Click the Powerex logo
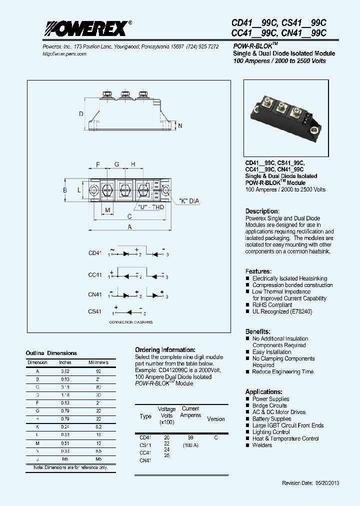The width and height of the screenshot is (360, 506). pyautogui.click(x=85, y=29)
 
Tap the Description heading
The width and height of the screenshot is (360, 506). pyautogui.click(x=262, y=211)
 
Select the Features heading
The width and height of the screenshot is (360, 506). pyautogui.click(x=258, y=271)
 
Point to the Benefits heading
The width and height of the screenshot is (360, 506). pyautogui.click(x=258, y=331)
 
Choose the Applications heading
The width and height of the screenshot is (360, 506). pyautogui.click(x=264, y=392)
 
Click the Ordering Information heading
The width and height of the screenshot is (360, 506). pyautogui.click(x=165, y=350)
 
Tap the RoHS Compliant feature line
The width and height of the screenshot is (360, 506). pyautogui.click(x=272, y=304)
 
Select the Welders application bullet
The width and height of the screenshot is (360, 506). pyautogui.click(x=262, y=445)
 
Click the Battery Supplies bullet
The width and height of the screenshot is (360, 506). pyautogui.click(x=271, y=418)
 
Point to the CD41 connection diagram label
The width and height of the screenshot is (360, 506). pyautogui.click(x=95, y=253)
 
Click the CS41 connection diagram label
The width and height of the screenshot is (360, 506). pyautogui.click(x=95, y=311)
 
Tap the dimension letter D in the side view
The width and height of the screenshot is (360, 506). pyautogui.click(x=81, y=114)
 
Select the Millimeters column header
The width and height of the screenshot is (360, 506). pyautogui.click(x=98, y=362)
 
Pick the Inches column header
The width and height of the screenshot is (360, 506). pyautogui.click(x=65, y=362)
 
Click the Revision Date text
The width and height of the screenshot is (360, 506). pyautogui.click(x=310, y=483)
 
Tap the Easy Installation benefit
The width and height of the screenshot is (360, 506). pyautogui.click(x=271, y=352)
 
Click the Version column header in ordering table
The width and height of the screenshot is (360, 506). pyautogui.click(x=216, y=419)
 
